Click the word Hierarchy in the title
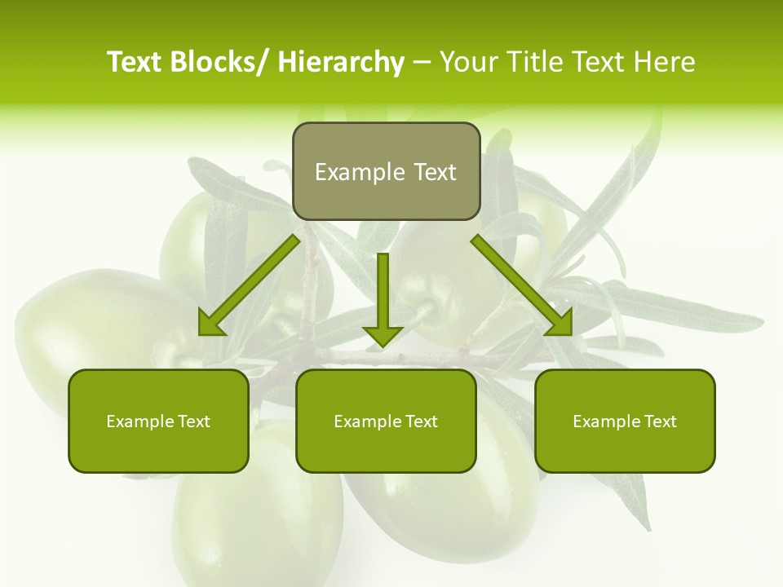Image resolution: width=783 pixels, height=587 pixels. click(x=341, y=62)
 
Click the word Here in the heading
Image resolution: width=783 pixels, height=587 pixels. click(x=666, y=62)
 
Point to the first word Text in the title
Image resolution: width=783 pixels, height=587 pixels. click(x=135, y=62)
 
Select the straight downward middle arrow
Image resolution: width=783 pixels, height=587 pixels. click(x=383, y=293)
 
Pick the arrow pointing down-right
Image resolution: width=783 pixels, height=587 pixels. click(x=518, y=282)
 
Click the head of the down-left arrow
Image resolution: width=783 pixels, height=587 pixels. click(x=210, y=324)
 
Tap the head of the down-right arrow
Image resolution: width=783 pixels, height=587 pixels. click(x=560, y=324)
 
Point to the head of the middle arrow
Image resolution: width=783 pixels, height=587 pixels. click(x=383, y=335)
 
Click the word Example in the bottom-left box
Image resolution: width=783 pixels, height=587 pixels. click(x=140, y=421)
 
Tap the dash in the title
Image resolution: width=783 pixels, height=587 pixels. click(x=422, y=63)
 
